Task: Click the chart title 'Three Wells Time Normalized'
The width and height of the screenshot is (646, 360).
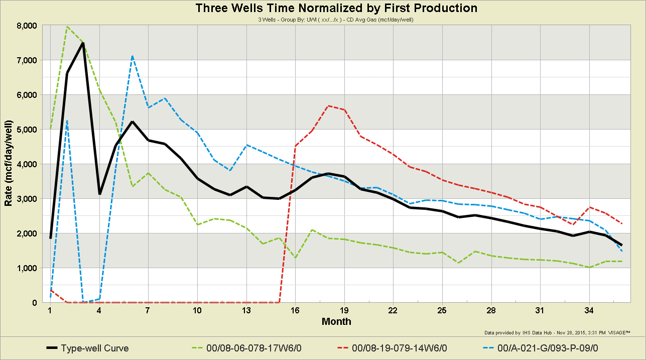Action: point(336,8)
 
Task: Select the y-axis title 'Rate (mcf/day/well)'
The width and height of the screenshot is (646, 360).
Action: point(9,164)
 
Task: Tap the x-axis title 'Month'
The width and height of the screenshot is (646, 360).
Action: point(336,321)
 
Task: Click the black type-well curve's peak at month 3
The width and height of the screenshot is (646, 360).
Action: point(83,43)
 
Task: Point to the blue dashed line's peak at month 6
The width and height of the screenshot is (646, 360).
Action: point(132,56)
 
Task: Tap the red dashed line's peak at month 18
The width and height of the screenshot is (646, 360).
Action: point(328,106)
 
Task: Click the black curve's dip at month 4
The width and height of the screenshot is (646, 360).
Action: point(99,194)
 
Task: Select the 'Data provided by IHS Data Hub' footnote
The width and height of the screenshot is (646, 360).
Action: point(557,333)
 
